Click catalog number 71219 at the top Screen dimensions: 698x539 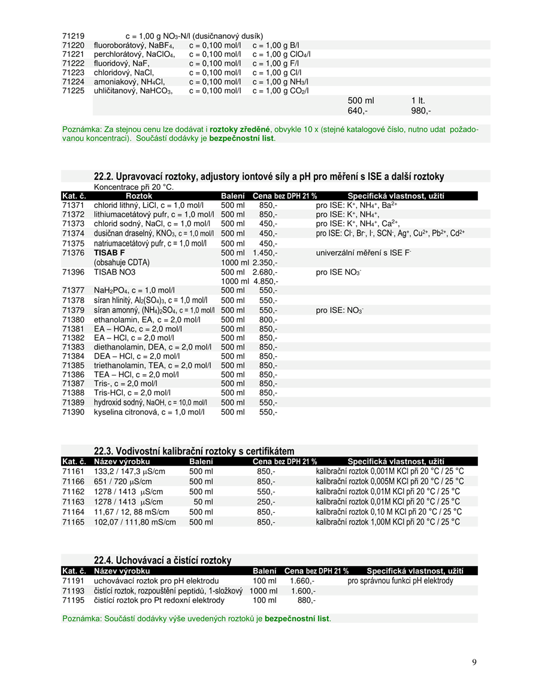click(x=73, y=36)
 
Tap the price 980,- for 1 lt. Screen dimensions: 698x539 click(x=420, y=111)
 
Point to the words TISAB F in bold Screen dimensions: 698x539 click(x=110, y=253)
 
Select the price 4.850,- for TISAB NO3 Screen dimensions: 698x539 click(x=265, y=281)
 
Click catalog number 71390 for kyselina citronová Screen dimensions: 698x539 click(x=73, y=412)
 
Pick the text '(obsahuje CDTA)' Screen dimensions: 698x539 click(x=122, y=262)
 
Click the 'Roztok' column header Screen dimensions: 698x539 click(x=139, y=196)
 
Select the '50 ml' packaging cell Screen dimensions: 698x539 click(x=203, y=501)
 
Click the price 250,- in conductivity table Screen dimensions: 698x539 click(x=266, y=501)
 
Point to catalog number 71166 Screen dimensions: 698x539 click(x=73, y=481)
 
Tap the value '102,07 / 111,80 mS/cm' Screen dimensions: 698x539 click(x=135, y=522)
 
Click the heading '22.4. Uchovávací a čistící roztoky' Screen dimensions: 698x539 click(x=162, y=560)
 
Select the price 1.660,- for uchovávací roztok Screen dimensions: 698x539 click(x=302, y=580)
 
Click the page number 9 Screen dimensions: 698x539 click(x=474, y=662)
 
